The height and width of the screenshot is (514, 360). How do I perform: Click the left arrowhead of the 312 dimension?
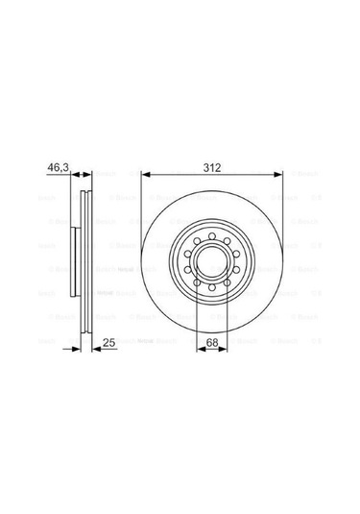tap(145, 175)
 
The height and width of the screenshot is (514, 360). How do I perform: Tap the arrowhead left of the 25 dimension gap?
tap(81, 350)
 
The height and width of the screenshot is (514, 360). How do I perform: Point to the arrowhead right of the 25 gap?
tap(94, 350)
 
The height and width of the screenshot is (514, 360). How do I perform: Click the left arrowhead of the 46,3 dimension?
tap(75, 175)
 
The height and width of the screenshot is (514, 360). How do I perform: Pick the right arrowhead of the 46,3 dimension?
tap(91, 175)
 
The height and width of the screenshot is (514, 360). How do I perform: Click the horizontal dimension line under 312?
tap(212, 175)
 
